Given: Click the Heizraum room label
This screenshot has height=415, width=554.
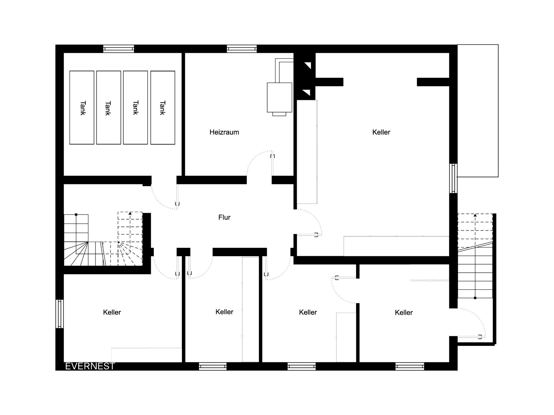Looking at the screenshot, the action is [x=224, y=132].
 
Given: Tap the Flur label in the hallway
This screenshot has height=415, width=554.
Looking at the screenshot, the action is [x=224, y=217].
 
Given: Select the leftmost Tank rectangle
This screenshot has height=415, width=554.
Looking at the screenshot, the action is [x=82, y=107].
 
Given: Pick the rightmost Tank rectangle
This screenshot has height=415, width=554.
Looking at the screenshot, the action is [x=163, y=107].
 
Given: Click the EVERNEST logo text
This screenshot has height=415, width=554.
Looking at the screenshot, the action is [x=90, y=366].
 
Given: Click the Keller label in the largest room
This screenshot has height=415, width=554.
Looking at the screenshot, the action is [x=381, y=132].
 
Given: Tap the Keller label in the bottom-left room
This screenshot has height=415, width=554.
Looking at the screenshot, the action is [x=112, y=312].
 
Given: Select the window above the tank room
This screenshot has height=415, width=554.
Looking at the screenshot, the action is [x=119, y=49].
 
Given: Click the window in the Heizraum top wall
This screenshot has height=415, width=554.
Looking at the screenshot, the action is [x=242, y=49].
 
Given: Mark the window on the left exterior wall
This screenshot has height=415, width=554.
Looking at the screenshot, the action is [x=59, y=314].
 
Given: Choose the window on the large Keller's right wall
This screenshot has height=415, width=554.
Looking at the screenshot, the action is [x=454, y=178].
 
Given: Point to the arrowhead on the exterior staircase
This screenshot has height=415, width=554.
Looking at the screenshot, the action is [x=475, y=215].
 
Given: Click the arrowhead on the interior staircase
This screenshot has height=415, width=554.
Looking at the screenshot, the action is [x=130, y=214].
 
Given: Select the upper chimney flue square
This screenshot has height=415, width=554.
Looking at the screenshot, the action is [x=306, y=66].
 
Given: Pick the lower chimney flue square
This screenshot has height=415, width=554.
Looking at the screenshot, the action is [x=306, y=93].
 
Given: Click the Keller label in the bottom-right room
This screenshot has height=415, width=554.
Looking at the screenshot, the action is [x=404, y=312].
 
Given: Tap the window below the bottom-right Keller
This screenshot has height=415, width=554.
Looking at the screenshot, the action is [x=410, y=366].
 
